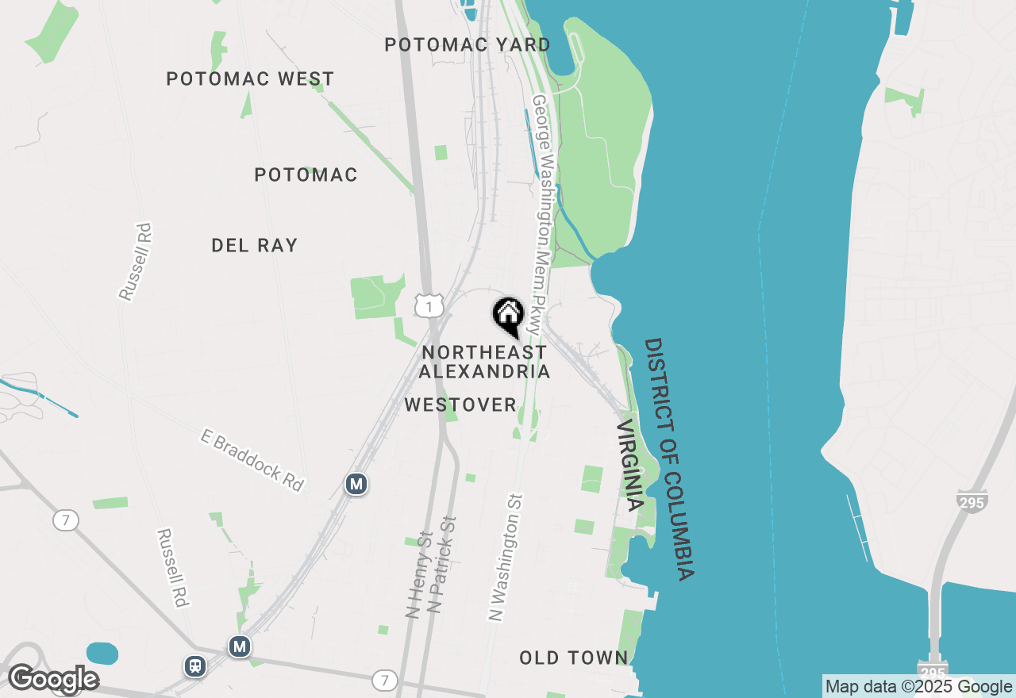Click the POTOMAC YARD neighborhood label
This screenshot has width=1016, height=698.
tap(467, 44)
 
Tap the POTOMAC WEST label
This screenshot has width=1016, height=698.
tap(250, 79)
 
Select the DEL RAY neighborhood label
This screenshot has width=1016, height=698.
tap(254, 245)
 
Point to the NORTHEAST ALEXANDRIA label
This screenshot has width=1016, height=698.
tap(484, 362)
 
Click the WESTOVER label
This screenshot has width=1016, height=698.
tap(460, 405)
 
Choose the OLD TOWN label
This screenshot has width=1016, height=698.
tap(573, 658)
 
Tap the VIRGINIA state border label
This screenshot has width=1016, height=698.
tap(629, 465)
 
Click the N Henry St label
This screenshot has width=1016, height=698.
tap(418, 574)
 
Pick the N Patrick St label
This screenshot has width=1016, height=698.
tap(443, 565)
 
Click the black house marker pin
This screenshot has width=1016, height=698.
tap(508, 316)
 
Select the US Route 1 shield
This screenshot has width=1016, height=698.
tap(429, 305)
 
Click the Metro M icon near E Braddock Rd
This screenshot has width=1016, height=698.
tap(356, 483)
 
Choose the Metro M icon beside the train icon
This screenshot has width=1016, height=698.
tap(239, 646)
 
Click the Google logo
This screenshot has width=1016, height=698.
tap(53, 678)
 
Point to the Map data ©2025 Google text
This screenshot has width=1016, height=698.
tap(918, 687)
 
